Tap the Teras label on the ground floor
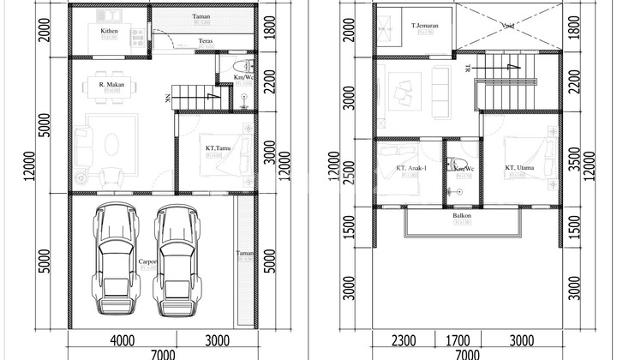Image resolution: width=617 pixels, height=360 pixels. tap(206, 41)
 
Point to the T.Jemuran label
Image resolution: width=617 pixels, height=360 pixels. tap(426, 25)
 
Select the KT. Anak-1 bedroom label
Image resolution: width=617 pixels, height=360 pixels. tap(412, 168)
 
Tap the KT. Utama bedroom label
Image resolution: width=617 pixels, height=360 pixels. tap(520, 168)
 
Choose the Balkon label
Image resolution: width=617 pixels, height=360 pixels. tap(462, 216)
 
